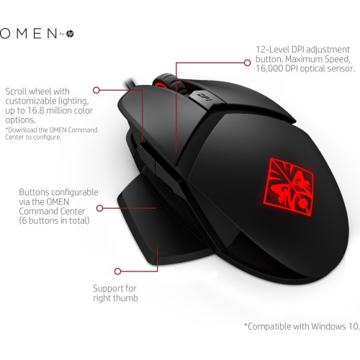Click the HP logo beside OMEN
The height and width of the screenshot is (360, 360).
[x=70, y=34]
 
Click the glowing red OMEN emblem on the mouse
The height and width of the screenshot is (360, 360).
[x=289, y=186]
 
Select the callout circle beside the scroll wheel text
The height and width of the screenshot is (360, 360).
[x=96, y=90]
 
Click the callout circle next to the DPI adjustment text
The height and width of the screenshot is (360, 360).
[x=247, y=63]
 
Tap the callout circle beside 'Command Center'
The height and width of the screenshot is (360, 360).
[x=99, y=208]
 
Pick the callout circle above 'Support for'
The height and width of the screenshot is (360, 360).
[x=117, y=271]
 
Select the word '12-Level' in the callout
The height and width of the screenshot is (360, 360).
[x=272, y=50]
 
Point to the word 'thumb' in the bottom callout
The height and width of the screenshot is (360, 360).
[x=126, y=298]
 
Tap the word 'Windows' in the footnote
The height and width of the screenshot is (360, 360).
[x=328, y=326]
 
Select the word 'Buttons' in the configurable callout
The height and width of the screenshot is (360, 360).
[x=35, y=192]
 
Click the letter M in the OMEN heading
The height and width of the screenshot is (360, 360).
[x=22, y=33]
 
